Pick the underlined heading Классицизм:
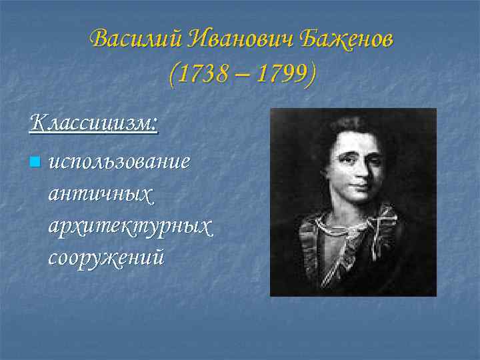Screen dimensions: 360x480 pyautogui.click(x=94, y=123)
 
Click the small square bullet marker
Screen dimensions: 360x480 pyautogui.click(x=35, y=161)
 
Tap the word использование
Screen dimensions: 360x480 pyautogui.click(x=119, y=162)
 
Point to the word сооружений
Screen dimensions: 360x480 pyautogui.click(x=106, y=257)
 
